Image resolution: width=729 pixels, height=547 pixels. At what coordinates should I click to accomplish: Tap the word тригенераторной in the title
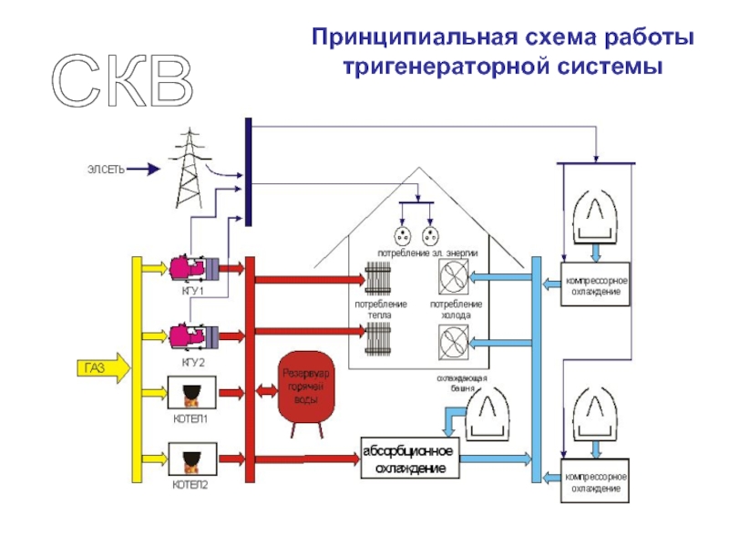click(x=442, y=68)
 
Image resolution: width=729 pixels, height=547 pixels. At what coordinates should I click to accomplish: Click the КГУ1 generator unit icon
click(x=192, y=268)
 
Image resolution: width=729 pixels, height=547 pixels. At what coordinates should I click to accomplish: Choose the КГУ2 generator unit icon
click(x=192, y=335)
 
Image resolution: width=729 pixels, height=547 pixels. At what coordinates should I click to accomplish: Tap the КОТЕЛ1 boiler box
click(x=191, y=394)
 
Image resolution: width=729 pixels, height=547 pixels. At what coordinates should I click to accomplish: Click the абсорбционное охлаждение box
click(x=407, y=459)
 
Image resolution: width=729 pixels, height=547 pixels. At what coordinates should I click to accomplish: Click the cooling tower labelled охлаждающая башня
click(x=491, y=414)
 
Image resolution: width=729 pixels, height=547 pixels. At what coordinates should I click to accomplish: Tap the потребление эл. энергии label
click(x=427, y=253)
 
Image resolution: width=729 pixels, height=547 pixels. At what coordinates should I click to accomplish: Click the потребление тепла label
click(x=380, y=309)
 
